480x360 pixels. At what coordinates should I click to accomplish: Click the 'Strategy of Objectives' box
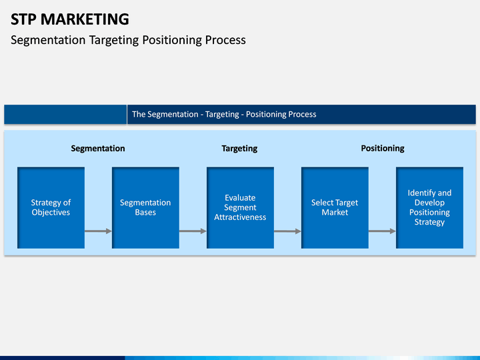point(51,207)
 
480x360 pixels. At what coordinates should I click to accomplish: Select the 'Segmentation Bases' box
point(145,207)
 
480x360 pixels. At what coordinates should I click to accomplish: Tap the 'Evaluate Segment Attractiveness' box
point(240,207)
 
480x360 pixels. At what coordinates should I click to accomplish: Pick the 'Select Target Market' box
point(335,207)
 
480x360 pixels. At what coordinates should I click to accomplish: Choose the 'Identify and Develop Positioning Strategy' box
point(429,207)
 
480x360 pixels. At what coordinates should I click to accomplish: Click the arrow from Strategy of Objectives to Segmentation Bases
point(98,231)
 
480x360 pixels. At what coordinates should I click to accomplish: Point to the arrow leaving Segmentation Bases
point(193,231)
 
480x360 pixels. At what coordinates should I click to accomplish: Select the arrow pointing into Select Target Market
point(287,231)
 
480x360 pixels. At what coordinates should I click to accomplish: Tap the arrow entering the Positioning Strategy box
point(382,231)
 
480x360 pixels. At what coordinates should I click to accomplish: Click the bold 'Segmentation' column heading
point(98,149)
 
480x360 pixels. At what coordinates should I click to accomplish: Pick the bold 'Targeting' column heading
point(239,149)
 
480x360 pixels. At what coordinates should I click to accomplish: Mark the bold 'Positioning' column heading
point(383,149)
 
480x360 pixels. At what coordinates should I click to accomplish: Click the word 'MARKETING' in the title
point(85,19)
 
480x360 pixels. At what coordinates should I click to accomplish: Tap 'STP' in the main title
point(23,19)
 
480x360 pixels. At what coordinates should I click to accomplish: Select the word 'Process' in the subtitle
point(225,40)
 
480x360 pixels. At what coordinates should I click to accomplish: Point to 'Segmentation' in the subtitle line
point(48,40)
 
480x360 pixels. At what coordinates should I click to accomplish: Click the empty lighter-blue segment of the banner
point(65,115)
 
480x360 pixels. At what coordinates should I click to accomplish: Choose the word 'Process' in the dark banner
point(302,114)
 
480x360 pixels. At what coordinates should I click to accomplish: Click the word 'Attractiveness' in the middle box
point(240,217)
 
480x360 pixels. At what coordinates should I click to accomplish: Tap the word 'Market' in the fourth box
point(335,212)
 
